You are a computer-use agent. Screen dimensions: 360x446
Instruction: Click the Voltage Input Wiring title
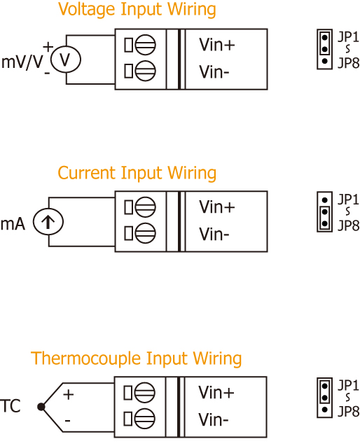[137, 9]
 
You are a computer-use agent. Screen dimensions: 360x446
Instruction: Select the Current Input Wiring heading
[137, 173]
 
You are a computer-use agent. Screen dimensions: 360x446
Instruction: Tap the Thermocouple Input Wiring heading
[137, 358]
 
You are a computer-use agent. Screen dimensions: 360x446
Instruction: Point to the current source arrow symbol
[48, 222]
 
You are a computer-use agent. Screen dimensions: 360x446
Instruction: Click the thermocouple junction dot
[41, 407]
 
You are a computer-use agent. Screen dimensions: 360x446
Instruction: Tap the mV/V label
[22, 62]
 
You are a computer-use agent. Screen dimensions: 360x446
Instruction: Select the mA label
[13, 223]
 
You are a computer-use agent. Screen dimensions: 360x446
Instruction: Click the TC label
[11, 406]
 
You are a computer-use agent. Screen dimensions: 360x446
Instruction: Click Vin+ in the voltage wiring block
[217, 45]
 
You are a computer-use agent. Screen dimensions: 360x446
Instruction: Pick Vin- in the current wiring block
[214, 234]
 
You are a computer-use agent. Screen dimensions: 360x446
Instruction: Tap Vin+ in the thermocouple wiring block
[216, 393]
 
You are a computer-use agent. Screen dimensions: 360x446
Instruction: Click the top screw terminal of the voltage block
[145, 45]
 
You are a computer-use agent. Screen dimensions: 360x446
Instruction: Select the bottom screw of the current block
[145, 233]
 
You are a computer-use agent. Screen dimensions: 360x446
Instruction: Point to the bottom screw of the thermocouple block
[144, 419]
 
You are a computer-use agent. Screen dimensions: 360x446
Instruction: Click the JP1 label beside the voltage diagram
[348, 37]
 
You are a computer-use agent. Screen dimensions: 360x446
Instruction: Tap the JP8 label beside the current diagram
[348, 225]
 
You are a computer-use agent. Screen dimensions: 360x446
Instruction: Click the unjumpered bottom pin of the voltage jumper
[324, 61]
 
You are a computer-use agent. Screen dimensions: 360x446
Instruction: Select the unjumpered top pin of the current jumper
[324, 200]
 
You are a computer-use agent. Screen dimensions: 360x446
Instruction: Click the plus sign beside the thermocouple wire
[69, 394]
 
